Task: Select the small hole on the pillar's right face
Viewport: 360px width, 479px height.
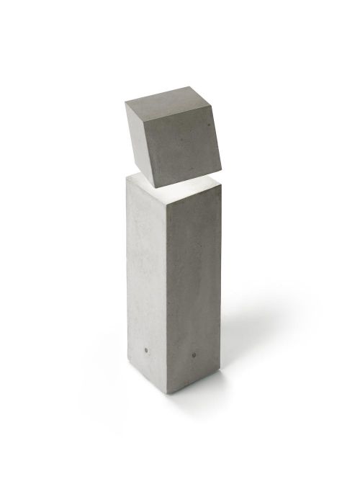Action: click(196, 355)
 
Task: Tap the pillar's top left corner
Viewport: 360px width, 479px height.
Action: click(127, 177)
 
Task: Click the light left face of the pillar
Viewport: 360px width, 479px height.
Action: click(148, 281)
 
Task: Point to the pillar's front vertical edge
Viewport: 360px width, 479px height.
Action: click(168, 295)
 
